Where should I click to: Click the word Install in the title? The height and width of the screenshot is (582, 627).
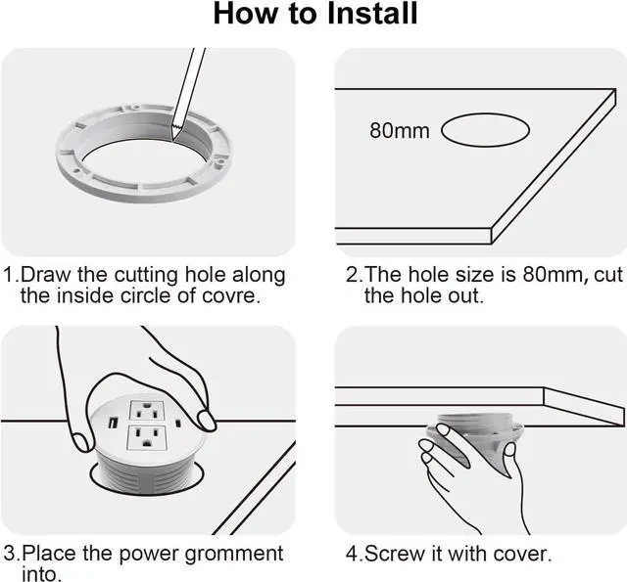(x=372, y=14)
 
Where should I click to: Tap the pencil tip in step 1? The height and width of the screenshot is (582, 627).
(x=173, y=139)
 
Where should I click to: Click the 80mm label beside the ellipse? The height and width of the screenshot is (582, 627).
(x=399, y=131)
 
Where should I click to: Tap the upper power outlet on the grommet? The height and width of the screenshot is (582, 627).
(x=146, y=411)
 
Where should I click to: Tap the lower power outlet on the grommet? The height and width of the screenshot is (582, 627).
(x=146, y=438)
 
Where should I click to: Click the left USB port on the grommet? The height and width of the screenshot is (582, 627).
(x=114, y=422)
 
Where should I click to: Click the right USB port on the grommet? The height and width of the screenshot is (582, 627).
(x=178, y=423)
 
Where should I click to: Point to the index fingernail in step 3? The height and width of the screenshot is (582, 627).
(x=207, y=422)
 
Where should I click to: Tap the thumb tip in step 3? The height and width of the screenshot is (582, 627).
(x=82, y=443)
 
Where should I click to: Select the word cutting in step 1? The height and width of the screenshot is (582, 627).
(x=146, y=276)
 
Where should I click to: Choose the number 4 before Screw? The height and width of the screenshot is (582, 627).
(x=352, y=554)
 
